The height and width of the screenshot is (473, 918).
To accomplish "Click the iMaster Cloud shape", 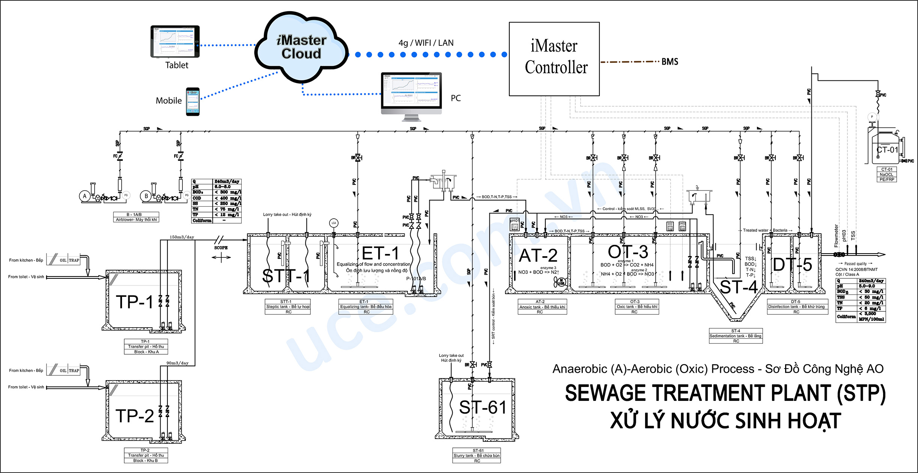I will pyautogui.click(x=301, y=47).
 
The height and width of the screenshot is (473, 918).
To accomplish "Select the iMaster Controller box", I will pyautogui.click(x=554, y=59).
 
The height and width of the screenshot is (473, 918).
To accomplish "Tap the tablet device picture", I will pyautogui.click(x=175, y=41).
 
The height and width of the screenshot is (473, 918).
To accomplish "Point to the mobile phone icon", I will pyautogui.click(x=193, y=101).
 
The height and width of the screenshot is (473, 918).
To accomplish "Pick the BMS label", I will pyautogui.click(x=670, y=62).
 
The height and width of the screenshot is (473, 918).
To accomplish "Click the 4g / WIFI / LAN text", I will pyautogui.click(x=426, y=43).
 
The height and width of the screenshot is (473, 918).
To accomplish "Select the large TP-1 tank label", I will pyautogui.click(x=135, y=302).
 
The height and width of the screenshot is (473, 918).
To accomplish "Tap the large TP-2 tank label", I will pyautogui.click(x=135, y=416).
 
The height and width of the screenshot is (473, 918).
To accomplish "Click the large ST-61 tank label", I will pyautogui.click(x=483, y=407).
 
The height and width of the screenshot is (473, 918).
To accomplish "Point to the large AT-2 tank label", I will pyautogui.click(x=538, y=256).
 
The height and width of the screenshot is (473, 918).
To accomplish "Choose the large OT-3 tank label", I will pyautogui.click(x=628, y=252).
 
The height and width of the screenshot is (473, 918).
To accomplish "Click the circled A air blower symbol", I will pyautogui.click(x=85, y=196).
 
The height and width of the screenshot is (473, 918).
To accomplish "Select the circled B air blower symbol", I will pyautogui.click(x=146, y=196).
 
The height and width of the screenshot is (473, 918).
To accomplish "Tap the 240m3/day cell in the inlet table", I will pyautogui.click(x=227, y=181).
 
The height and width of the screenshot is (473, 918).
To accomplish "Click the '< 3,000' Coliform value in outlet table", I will pyautogui.click(x=867, y=313).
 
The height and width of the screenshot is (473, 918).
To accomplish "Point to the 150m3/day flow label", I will pyautogui.click(x=182, y=237).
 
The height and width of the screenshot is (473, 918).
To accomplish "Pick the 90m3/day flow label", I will pyautogui.click(x=178, y=363).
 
